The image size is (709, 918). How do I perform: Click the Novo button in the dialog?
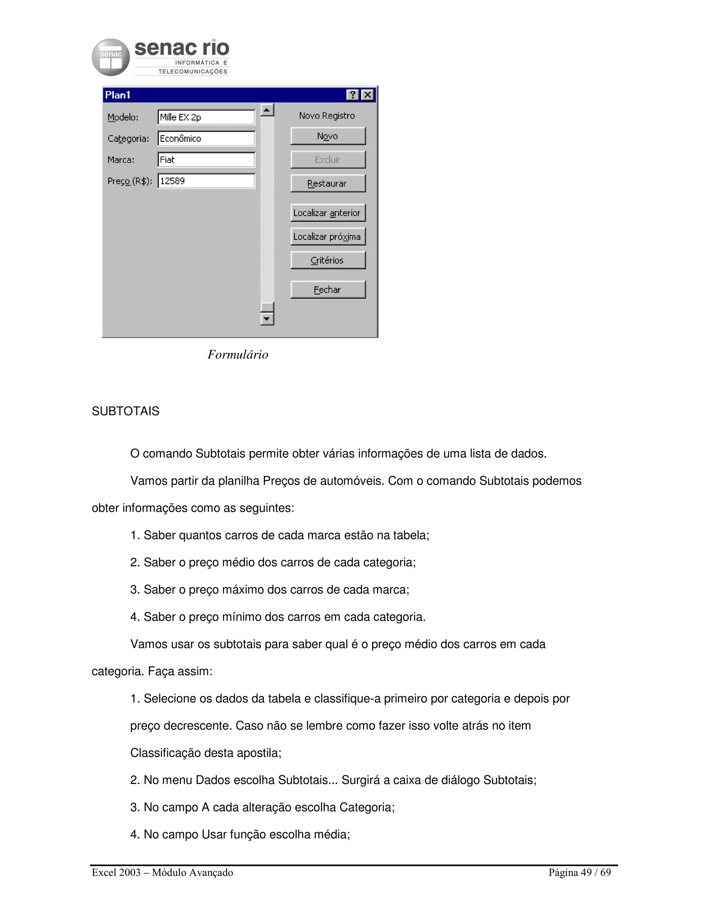327,136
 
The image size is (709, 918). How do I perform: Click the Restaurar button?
327,183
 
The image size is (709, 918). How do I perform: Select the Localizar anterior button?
327,213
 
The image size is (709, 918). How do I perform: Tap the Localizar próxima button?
327,237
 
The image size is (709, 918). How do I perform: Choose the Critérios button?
327,260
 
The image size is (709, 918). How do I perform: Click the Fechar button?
327,290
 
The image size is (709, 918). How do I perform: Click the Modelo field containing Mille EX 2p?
206,117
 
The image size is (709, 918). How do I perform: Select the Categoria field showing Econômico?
206,139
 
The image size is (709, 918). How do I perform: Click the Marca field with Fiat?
206,160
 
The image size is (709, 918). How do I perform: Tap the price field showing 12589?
206,181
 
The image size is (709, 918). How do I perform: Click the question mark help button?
353,95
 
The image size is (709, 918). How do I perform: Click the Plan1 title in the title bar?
118,95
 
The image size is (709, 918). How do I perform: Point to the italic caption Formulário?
238,355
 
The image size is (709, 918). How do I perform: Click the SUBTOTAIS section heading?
126,411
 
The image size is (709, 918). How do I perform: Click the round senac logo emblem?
111,58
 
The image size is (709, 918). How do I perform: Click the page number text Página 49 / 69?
580,873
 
